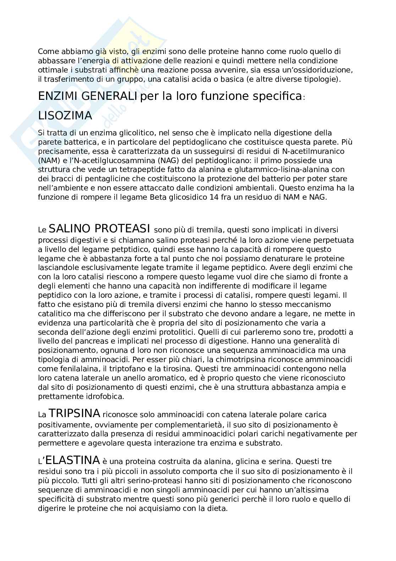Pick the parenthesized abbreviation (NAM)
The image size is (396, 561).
pos(47,160)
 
